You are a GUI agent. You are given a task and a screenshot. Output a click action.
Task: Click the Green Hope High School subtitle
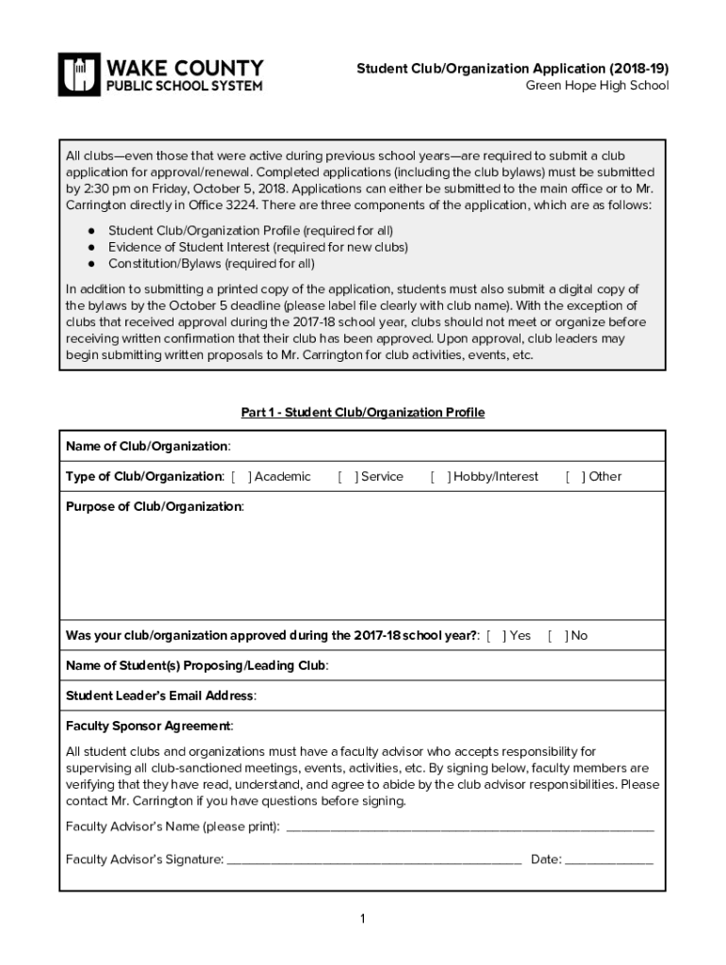[x=597, y=86]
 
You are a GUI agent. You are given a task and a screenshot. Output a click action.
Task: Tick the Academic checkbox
[x=241, y=477]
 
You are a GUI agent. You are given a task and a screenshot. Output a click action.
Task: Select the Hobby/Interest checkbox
[x=440, y=477]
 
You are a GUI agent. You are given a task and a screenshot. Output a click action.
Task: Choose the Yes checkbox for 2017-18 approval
[x=497, y=636]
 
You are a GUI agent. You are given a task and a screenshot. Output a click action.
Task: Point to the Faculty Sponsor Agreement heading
[x=149, y=727]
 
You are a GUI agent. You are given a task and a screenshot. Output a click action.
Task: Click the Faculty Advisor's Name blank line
[x=469, y=828]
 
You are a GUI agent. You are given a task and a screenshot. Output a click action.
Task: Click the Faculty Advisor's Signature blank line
[x=374, y=859]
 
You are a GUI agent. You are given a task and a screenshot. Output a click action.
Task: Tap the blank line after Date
[x=609, y=859]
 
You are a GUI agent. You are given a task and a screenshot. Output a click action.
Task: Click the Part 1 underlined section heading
[x=363, y=413]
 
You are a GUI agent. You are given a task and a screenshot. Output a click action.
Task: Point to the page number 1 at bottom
[x=362, y=920]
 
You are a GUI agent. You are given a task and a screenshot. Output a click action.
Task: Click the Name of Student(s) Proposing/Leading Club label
[x=197, y=666]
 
